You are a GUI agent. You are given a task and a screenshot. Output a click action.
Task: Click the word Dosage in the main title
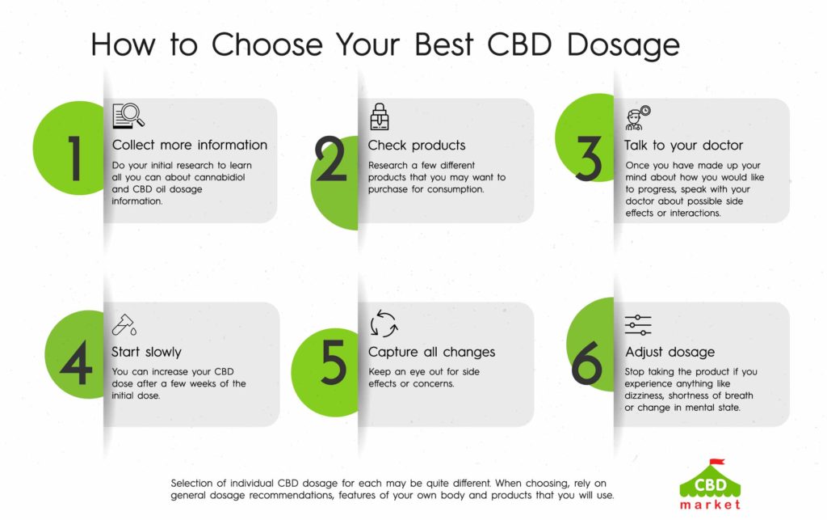coord(623,45)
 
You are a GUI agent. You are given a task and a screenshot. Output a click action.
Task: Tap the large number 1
coord(74,159)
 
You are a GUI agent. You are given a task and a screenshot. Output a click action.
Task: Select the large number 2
coord(330,159)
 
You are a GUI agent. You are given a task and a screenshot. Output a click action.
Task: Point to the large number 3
coord(588,159)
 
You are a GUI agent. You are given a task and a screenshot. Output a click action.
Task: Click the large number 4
coord(77,362)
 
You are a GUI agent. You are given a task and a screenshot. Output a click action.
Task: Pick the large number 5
coord(334,362)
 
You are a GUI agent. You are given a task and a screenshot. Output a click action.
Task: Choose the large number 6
coord(586,362)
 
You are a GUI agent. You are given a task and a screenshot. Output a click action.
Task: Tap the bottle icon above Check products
coord(380,116)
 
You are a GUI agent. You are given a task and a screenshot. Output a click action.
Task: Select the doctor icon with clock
coord(638,118)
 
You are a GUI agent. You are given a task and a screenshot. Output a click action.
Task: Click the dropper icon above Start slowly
coord(124,324)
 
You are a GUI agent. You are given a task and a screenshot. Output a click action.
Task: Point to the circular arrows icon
coord(384,323)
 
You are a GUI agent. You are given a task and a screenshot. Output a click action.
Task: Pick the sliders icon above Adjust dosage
coord(638,325)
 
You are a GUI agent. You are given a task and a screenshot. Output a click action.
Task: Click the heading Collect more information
coord(189,146)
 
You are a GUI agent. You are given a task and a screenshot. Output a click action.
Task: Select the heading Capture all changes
coord(431,352)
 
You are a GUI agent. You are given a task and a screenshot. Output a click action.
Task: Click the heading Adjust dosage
coord(670,352)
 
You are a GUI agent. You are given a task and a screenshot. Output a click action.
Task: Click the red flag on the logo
coord(717,462)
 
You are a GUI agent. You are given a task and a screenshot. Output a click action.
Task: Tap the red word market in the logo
coord(710,505)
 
